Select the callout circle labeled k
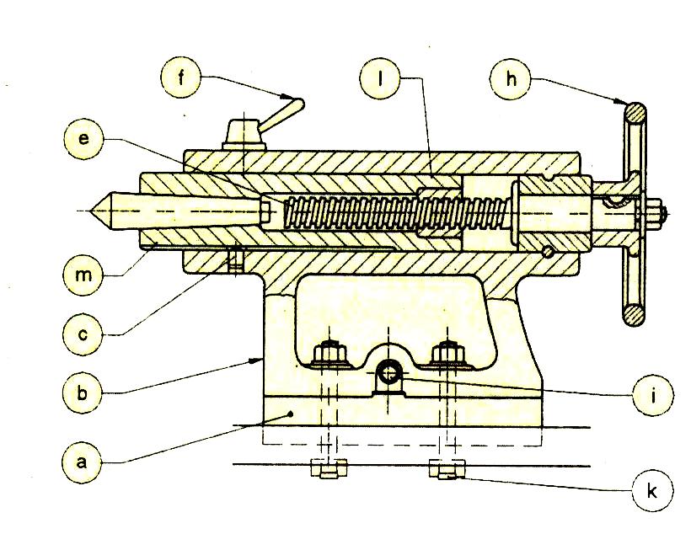[652, 490]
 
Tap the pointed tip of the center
[94, 208]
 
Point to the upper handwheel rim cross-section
[634, 112]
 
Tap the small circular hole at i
[389, 371]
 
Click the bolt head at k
[446, 469]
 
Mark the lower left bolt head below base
[328, 469]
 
